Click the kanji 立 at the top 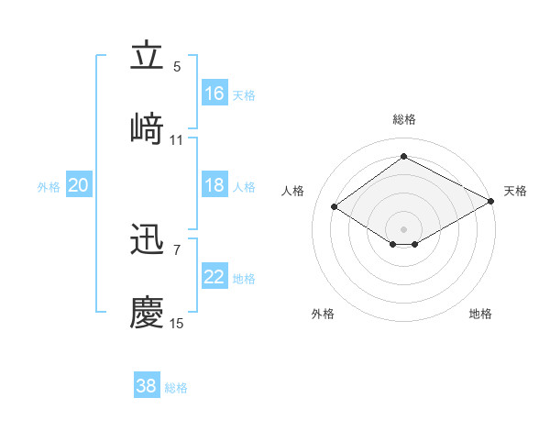[147, 57]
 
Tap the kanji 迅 [147, 241]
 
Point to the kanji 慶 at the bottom [147, 311]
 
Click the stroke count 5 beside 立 [177, 67]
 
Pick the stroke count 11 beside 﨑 [177, 140]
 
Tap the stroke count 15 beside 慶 [177, 324]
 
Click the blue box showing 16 [214, 94]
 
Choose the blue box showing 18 [214, 185]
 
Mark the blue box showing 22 [214, 278]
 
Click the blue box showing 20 [79, 186]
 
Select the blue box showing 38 [147, 386]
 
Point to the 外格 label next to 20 [49, 187]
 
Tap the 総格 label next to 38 [176, 388]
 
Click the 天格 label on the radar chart [515, 191]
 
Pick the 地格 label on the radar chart [480, 314]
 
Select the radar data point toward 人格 [335, 207]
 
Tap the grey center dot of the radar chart [404, 228]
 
